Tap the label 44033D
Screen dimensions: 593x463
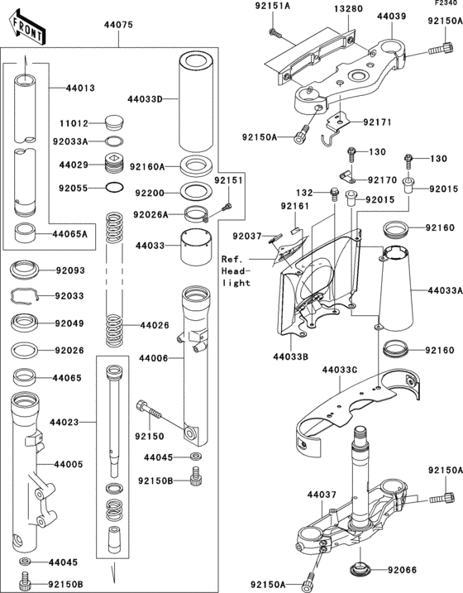point(146,100)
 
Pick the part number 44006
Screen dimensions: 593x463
point(154,358)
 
